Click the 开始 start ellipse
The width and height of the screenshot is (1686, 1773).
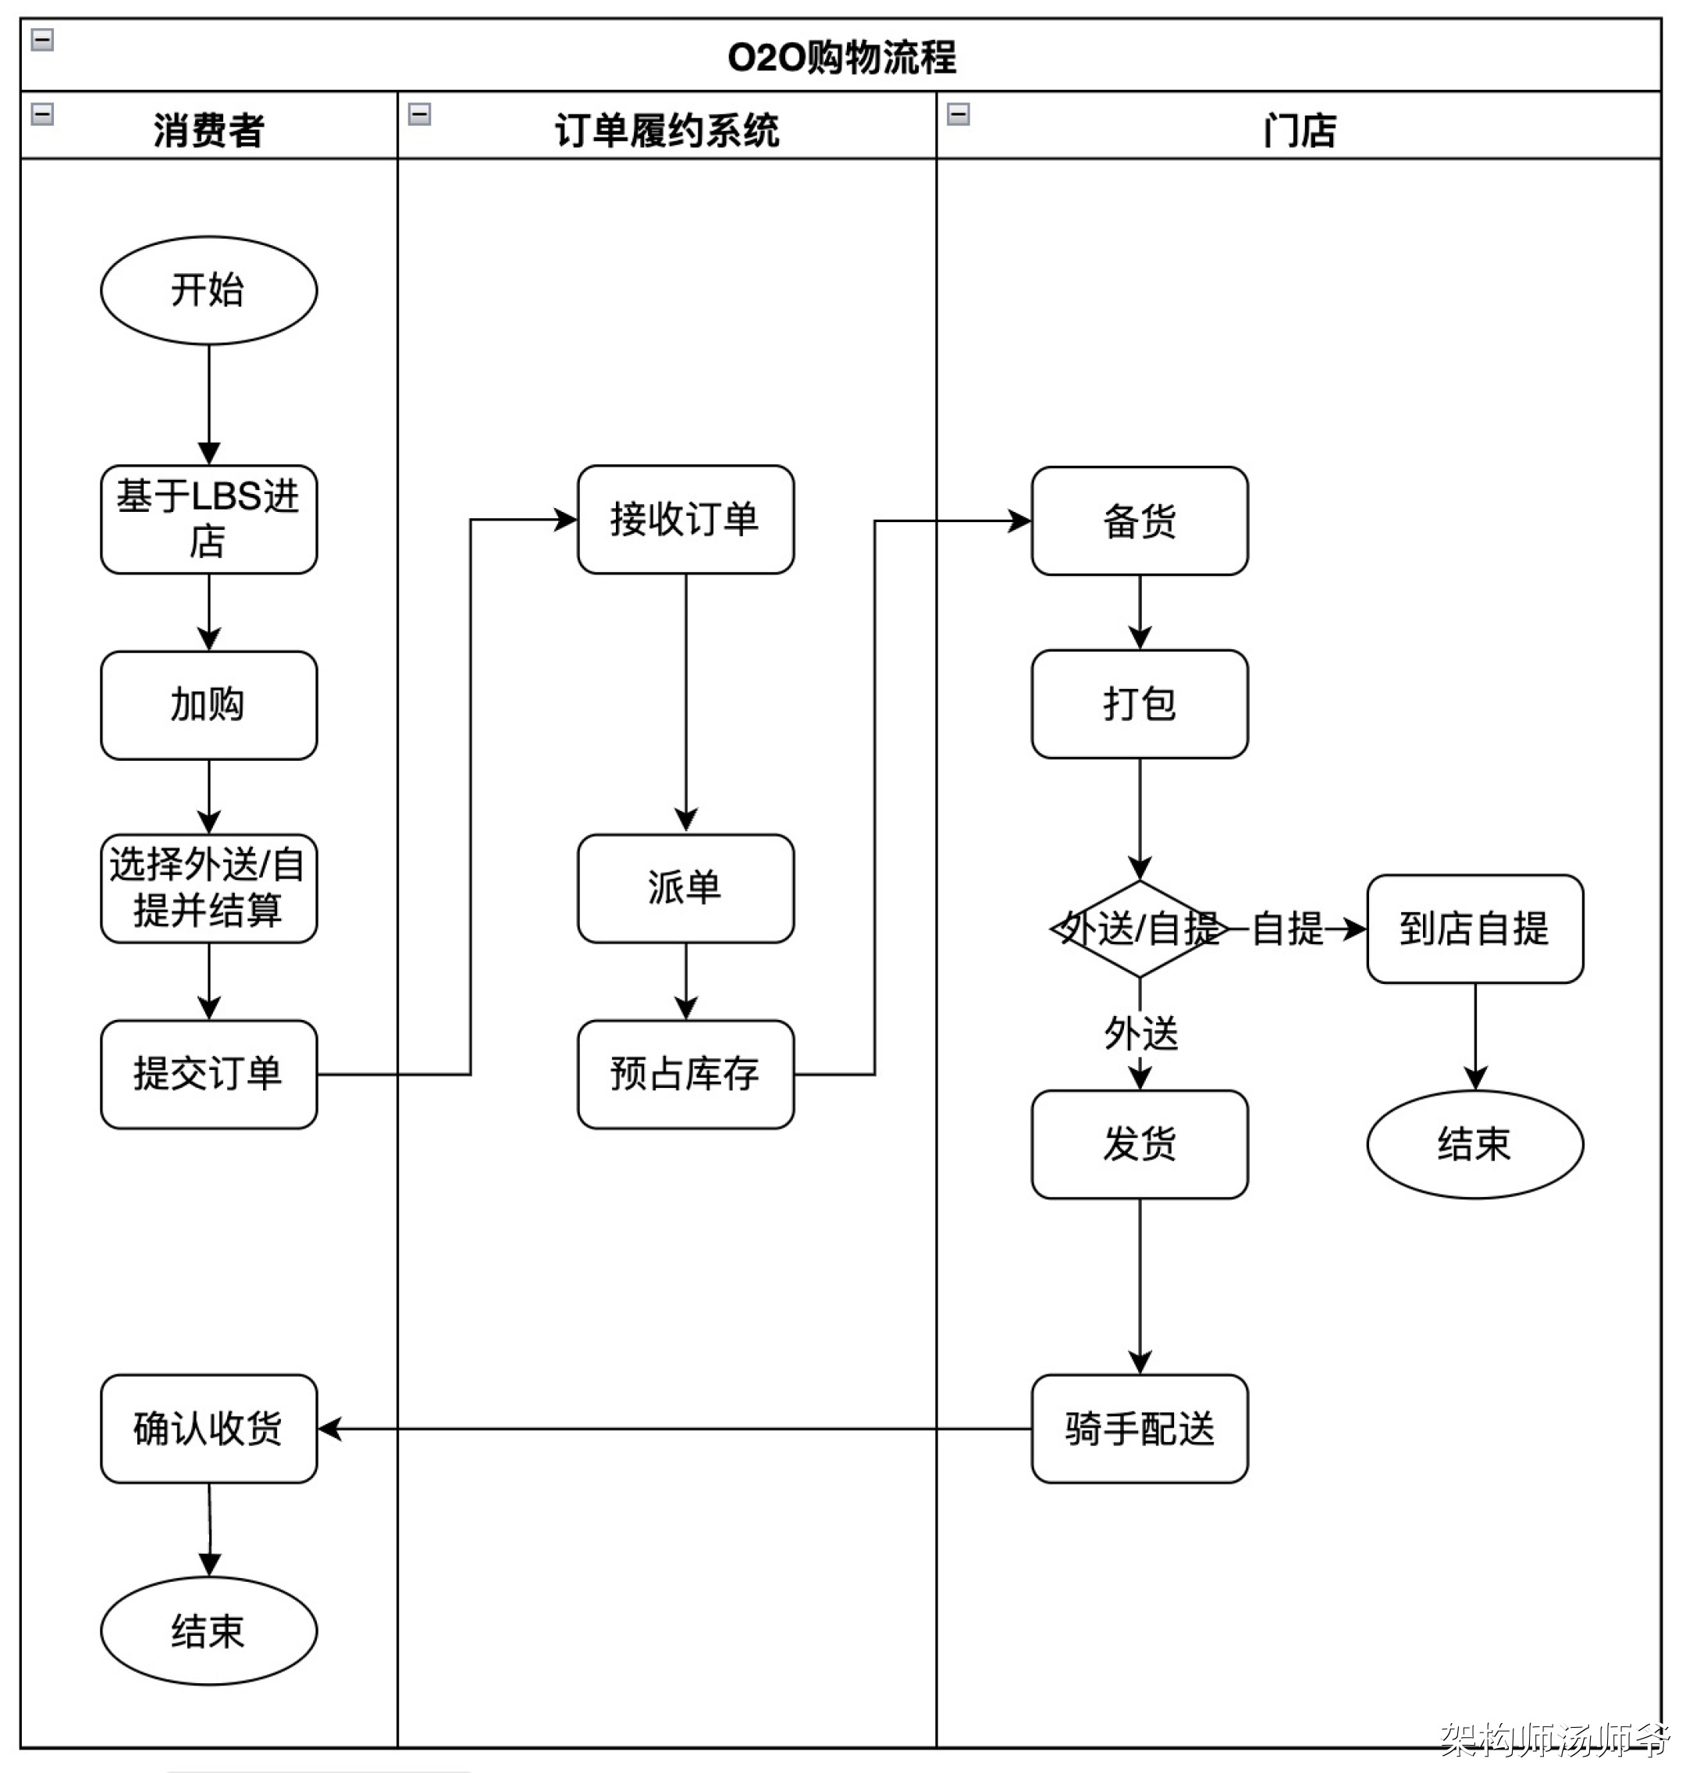tap(208, 290)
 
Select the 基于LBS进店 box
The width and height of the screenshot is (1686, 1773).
tap(208, 520)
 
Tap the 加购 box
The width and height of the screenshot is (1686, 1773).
tap(208, 705)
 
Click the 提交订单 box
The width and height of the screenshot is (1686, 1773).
tap(208, 1073)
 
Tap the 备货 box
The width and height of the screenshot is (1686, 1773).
tap(1139, 521)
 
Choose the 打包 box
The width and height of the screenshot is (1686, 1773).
tap(1139, 704)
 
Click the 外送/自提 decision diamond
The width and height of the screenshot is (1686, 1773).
tap(1139, 929)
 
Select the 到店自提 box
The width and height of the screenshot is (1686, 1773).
tap(1474, 929)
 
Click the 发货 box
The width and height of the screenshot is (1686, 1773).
tap(1139, 1144)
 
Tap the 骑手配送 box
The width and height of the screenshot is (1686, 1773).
tap(1139, 1428)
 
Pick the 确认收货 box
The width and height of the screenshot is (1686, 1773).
tap(208, 1428)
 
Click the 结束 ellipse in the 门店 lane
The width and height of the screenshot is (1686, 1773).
tap(1474, 1144)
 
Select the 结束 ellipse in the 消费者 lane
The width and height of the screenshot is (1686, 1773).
tap(208, 1631)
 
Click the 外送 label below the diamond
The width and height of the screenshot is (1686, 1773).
tap(1140, 1033)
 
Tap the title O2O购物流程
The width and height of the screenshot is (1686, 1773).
tap(841, 58)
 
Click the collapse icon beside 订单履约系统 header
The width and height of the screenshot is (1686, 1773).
tap(419, 114)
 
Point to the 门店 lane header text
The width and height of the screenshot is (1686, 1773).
tap(1299, 130)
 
